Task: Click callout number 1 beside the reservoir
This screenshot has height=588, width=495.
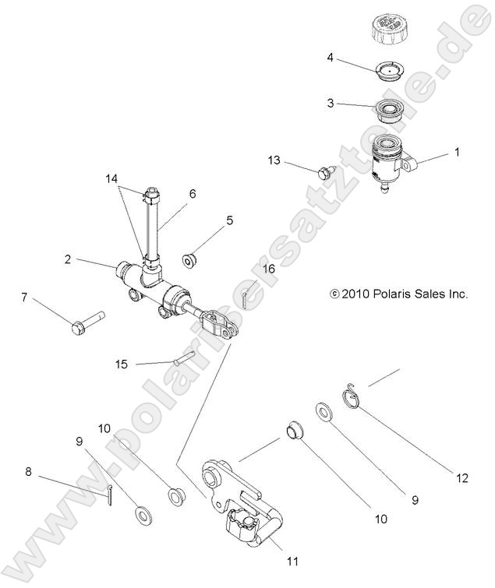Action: coord(457,153)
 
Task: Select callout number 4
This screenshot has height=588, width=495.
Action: coord(330,58)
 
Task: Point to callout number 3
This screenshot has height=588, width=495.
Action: coord(330,102)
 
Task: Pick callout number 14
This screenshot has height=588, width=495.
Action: coord(115,178)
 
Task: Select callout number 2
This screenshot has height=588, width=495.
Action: coord(68,259)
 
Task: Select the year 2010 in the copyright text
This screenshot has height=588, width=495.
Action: coord(355,294)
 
